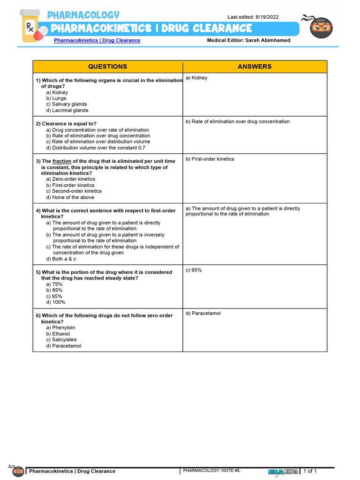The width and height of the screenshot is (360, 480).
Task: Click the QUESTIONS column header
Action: [107, 67]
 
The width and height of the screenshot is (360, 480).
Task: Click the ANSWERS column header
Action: [255, 67]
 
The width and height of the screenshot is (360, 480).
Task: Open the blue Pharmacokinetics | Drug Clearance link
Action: [97, 40]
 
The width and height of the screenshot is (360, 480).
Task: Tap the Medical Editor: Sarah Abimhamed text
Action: [248, 40]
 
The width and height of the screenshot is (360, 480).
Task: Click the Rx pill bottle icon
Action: [31, 27]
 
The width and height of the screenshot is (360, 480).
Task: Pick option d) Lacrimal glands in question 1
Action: [67, 111]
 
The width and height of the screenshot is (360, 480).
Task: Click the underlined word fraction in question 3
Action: [62, 161]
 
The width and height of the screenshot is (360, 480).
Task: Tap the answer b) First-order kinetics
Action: [210, 159]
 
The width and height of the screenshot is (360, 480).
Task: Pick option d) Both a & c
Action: [61, 259]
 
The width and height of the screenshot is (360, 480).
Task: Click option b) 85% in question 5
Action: [54, 290]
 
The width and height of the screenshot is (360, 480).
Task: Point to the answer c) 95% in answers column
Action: [194, 270]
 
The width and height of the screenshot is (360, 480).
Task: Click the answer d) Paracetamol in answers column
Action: [203, 313]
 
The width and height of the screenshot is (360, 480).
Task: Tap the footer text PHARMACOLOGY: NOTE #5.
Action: [211, 470]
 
